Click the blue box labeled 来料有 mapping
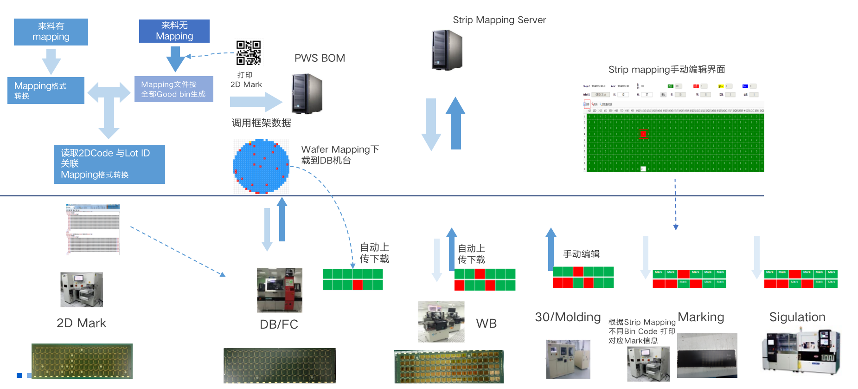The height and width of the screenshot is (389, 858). tap(51, 32)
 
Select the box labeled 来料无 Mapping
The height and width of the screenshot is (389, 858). tap(174, 31)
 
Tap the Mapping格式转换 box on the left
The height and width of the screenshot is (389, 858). tap(46, 91)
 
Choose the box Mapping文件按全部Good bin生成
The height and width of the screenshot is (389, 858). tap(173, 89)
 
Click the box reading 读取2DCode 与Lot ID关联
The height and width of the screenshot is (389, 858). tap(109, 164)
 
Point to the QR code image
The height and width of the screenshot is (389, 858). tap(249, 52)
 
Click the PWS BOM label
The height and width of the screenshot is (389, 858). tap(320, 58)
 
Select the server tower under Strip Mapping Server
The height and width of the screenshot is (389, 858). tap(447, 50)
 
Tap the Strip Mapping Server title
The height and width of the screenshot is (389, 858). tap(499, 20)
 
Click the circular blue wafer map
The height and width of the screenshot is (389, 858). tap(261, 167)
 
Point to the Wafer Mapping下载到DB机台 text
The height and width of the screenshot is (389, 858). tap(340, 155)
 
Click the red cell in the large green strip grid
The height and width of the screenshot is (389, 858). tap(643, 134)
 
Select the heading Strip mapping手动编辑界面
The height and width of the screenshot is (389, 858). tap(666, 70)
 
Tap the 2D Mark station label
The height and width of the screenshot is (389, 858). tap(81, 323)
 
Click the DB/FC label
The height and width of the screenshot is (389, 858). tap(279, 324)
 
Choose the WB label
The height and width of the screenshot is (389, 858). tap(486, 324)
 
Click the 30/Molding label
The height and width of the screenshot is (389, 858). tap(568, 317)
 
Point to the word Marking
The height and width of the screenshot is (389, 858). tap(701, 317)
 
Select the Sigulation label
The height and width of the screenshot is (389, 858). tap(797, 317)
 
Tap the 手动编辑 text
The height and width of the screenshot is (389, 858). tap(581, 254)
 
